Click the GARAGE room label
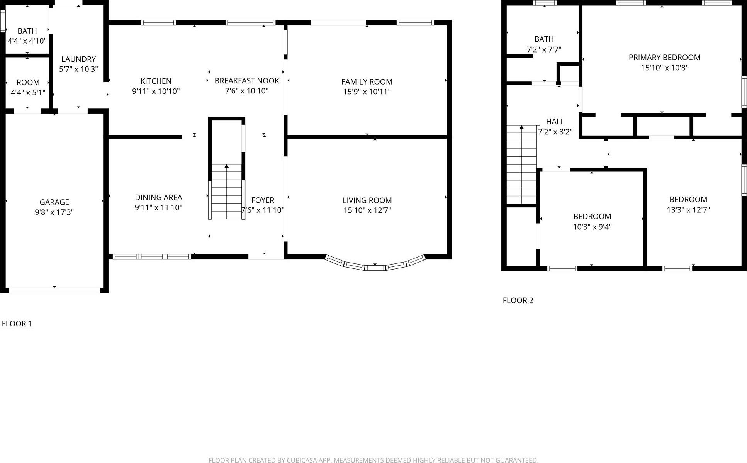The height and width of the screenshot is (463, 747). (x=54, y=202)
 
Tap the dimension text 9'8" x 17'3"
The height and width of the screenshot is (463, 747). (x=54, y=212)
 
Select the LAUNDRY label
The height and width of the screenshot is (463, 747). (x=78, y=59)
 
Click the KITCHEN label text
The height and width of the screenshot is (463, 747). (x=156, y=81)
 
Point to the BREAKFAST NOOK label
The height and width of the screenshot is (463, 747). (x=247, y=81)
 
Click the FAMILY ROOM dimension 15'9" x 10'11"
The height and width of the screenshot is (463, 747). (x=367, y=92)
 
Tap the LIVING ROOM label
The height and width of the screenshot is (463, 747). (x=367, y=200)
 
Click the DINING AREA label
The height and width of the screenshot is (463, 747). (x=158, y=197)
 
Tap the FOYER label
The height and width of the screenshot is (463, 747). (x=263, y=200)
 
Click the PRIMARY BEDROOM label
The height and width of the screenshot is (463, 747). (x=664, y=58)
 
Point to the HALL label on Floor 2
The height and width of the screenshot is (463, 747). (x=555, y=122)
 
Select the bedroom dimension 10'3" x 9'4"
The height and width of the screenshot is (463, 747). (x=592, y=227)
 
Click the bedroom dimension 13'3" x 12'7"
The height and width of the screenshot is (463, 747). (x=688, y=210)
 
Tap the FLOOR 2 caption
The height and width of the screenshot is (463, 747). (x=518, y=300)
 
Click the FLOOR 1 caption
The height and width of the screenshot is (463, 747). (x=17, y=324)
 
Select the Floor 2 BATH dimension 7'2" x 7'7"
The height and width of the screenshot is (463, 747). (x=544, y=49)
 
